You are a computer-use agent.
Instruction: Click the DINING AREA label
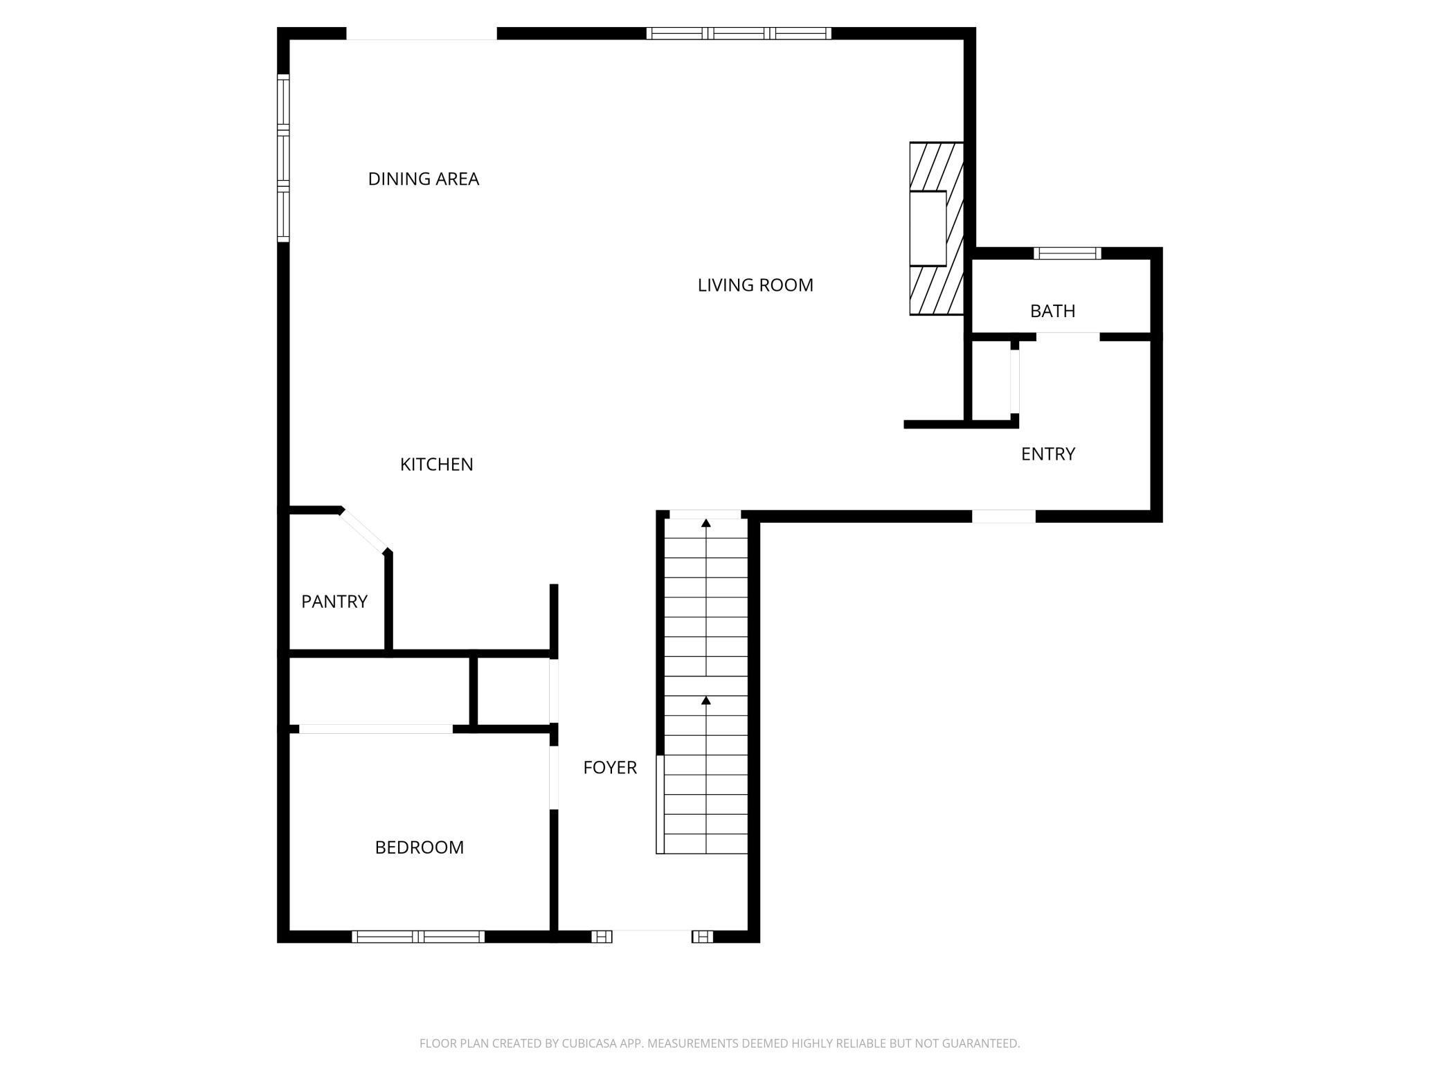[x=424, y=179]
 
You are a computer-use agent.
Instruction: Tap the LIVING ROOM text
[x=755, y=285]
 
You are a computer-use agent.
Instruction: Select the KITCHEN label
[x=437, y=464]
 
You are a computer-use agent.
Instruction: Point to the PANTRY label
[x=334, y=601]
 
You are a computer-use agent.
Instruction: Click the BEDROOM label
[x=420, y=847]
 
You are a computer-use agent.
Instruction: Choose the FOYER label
[x=610, y=767]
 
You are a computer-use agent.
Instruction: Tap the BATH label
[x=1053, y=311]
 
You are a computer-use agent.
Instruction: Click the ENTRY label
[x=1048, y=453]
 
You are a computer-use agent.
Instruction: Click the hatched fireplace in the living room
[x=937, y=228]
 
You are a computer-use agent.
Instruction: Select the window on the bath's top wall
[x=1067, y=253]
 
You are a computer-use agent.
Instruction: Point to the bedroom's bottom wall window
[x=418, y=937]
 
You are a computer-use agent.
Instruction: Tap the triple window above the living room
[x=739, y=33]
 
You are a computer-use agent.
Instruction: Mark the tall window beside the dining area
[x=283, y=158]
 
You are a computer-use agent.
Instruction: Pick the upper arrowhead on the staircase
[x=706, y=523]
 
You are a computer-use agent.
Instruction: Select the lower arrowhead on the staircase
[x=706, y=701]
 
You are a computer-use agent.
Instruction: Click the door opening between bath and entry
[x=1068, y=337]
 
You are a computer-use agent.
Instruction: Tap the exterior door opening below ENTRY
[x=1004, y=516]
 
